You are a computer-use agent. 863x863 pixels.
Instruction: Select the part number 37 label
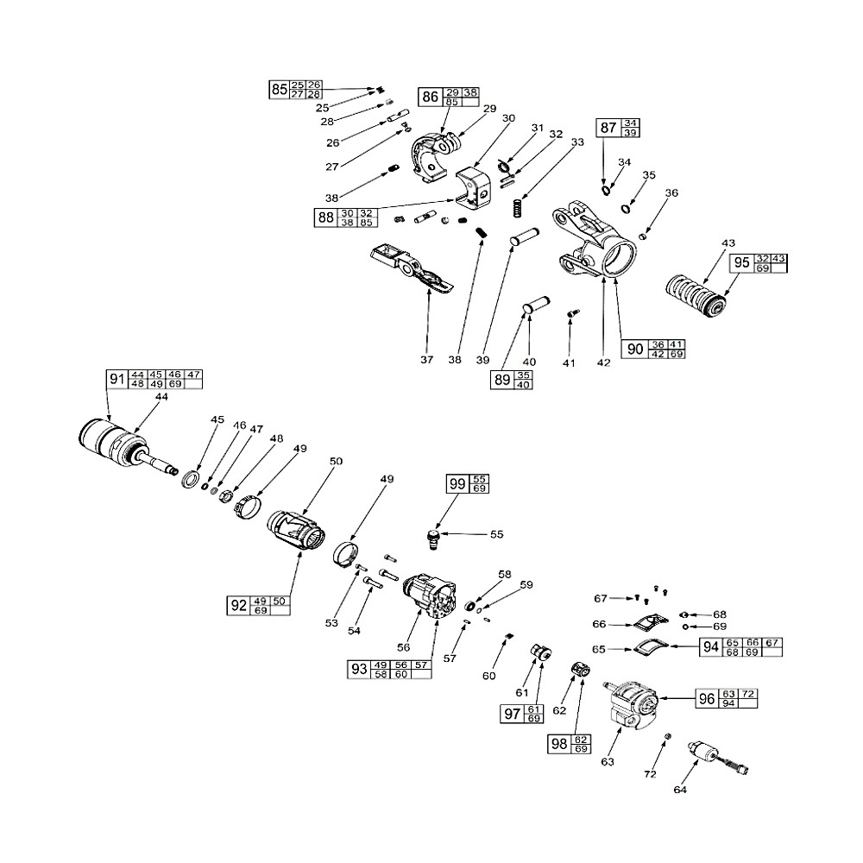427,360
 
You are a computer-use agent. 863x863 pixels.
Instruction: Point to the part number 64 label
682,789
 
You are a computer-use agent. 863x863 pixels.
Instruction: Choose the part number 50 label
336,462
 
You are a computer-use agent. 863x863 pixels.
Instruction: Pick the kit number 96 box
707,699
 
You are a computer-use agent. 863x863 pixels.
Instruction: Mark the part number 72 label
650,775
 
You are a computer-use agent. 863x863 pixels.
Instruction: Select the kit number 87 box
608,128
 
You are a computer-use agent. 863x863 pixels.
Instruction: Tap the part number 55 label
497,534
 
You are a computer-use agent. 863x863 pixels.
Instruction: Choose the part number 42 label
603,362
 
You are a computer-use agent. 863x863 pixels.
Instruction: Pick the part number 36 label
672,193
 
